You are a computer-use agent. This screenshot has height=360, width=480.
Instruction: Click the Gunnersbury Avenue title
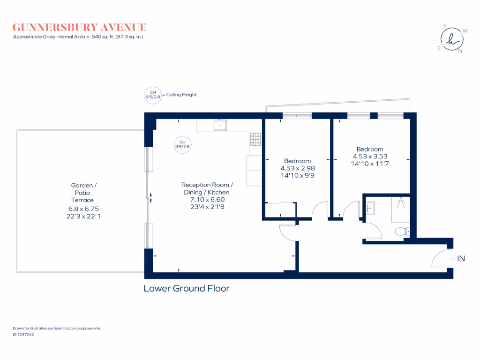coord(80,27)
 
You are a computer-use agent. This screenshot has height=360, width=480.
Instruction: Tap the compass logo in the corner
coord(452,39)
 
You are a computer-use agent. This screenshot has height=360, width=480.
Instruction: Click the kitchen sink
coord(220,125)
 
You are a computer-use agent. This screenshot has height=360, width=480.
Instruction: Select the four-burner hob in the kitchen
coord(255,139)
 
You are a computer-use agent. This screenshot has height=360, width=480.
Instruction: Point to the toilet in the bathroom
coord(402,231)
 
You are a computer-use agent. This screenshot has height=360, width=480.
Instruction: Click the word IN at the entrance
coord(461,258)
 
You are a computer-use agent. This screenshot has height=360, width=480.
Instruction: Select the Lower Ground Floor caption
coord(187,288)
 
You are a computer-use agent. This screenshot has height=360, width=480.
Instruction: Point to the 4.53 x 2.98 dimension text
coord(298,168)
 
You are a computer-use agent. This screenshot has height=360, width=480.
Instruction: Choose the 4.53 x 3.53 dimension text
coord(370,157)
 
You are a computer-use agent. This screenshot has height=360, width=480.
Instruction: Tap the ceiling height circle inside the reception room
coord(183,144)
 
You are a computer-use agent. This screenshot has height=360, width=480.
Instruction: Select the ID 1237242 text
coord(23,335)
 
